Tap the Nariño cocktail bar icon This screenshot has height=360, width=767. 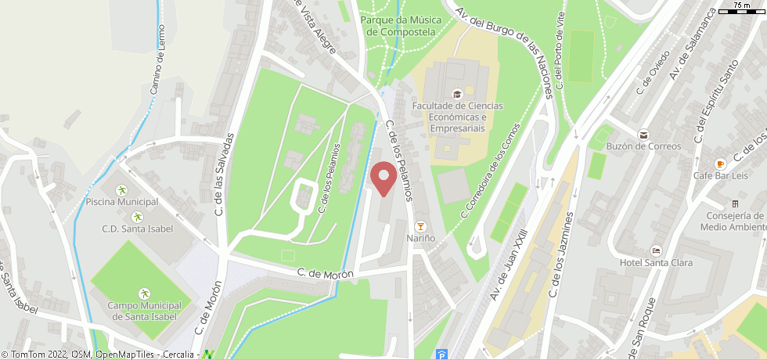click(x=421, y=225)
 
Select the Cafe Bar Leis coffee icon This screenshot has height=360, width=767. click(x=720, y=163)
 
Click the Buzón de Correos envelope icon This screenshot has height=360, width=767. click(x=643, y=134)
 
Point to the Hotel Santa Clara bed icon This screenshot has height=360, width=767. click(x=656, y=250)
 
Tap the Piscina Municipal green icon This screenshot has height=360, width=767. click(x=121, y=190)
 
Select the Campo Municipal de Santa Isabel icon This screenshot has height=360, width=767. click(x=144, y=293)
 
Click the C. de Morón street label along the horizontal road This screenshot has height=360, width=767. click(x=325, y=273)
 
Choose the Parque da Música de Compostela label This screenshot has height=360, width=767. click(x=400, y=26)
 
